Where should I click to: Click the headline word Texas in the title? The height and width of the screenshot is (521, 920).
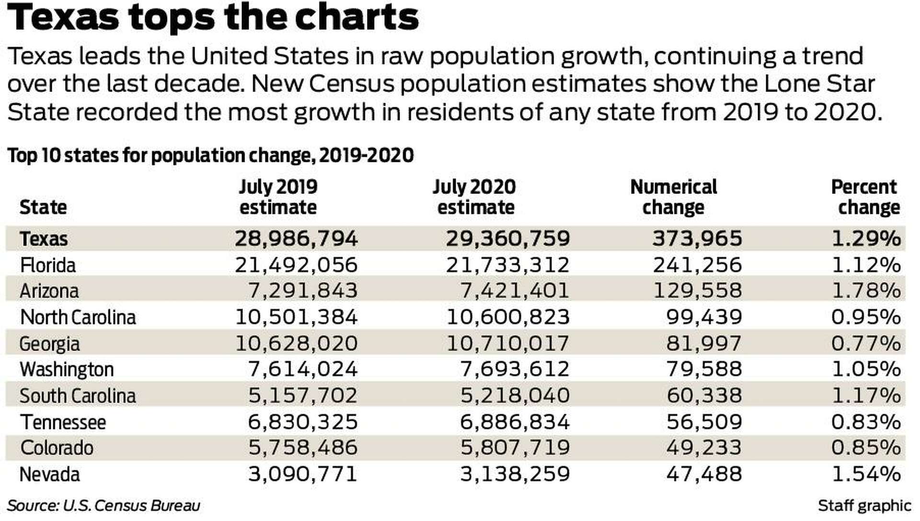[x=63, y=17]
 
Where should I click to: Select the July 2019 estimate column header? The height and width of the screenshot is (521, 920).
[x=278, y=197]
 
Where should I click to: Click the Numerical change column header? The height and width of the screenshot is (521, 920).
[x=673, y=197]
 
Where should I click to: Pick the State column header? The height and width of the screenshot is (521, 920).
[x=43, y=207]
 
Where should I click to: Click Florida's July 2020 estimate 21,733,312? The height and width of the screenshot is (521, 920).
[x=507, y=265]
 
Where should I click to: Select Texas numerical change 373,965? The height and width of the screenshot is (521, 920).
[x=697, y=238]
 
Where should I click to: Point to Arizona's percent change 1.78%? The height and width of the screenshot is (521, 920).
[x=866, y=291]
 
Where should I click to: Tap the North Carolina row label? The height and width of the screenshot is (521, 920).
[x=78, y=317]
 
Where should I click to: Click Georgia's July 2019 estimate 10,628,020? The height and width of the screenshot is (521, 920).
[x=296, y=343]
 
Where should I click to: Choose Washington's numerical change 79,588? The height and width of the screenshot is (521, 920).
[x=704, y=369]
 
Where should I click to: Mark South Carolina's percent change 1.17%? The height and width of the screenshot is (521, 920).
[x=866, y=396]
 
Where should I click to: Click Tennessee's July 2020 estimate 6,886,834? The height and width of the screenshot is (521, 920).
[x=515, y=422]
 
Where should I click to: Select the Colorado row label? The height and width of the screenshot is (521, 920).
[x=57, y=448]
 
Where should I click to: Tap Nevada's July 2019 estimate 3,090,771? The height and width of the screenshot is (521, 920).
[x=302, y=474]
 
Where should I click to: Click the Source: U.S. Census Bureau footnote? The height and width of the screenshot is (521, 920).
[x=103, y=506]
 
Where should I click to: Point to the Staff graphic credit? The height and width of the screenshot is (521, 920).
[x=864, y=506]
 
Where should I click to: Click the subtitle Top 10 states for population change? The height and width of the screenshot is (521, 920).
[x=211, y=156]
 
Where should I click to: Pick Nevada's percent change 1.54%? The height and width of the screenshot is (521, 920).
[x=866, y=474]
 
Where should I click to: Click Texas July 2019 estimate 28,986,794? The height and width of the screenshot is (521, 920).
[x=296, y=238]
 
